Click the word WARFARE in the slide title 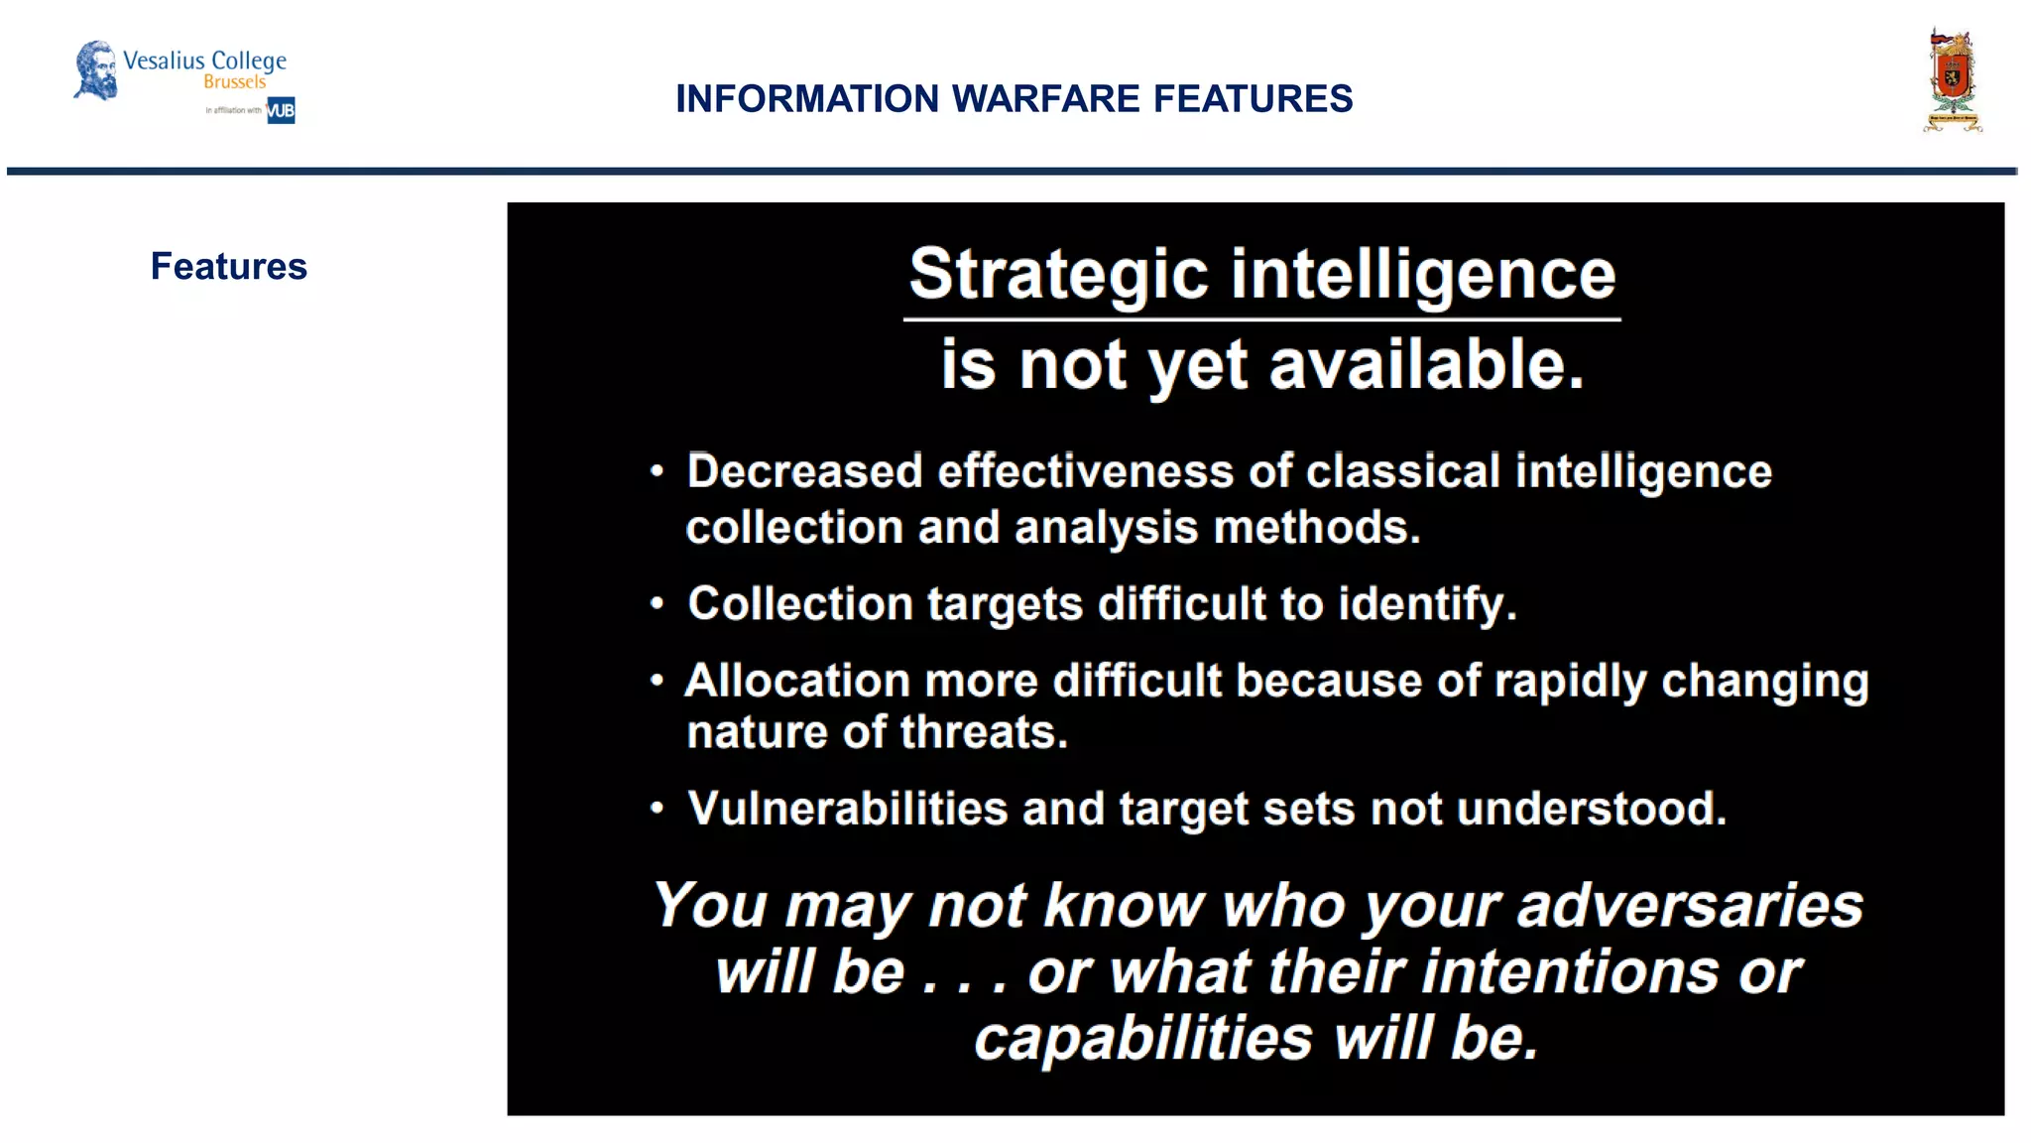[x=1045, y=99]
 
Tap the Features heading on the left [x=228, y=266]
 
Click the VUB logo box [x=281, y=110]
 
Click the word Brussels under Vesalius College [x=235, y=82]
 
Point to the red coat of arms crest [x=1952, y=79]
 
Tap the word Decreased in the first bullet [x=804, y=471]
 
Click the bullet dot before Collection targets [x=657, y=603]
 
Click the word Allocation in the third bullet [x=797, y=682]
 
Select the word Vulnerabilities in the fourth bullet [x=848, y=809]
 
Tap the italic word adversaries [x=1690, y=906]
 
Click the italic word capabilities [x=1142, y=1039]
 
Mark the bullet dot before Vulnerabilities [x=657, y=809]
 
